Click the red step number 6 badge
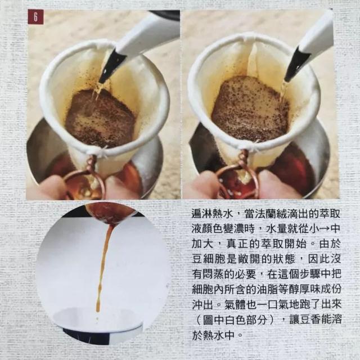[35, 17]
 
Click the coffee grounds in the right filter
[247, 110]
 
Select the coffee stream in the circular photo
[103, 264]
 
